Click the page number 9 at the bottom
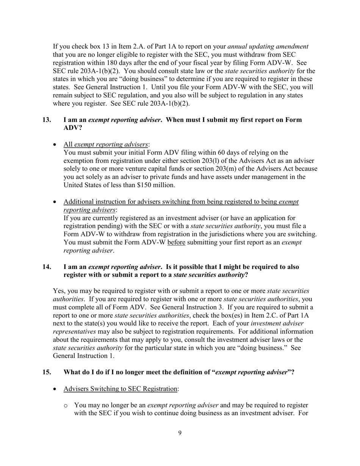[x=180, y=433]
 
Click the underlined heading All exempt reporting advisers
[x=106, y=144]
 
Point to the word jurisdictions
[x=232, y=234]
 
